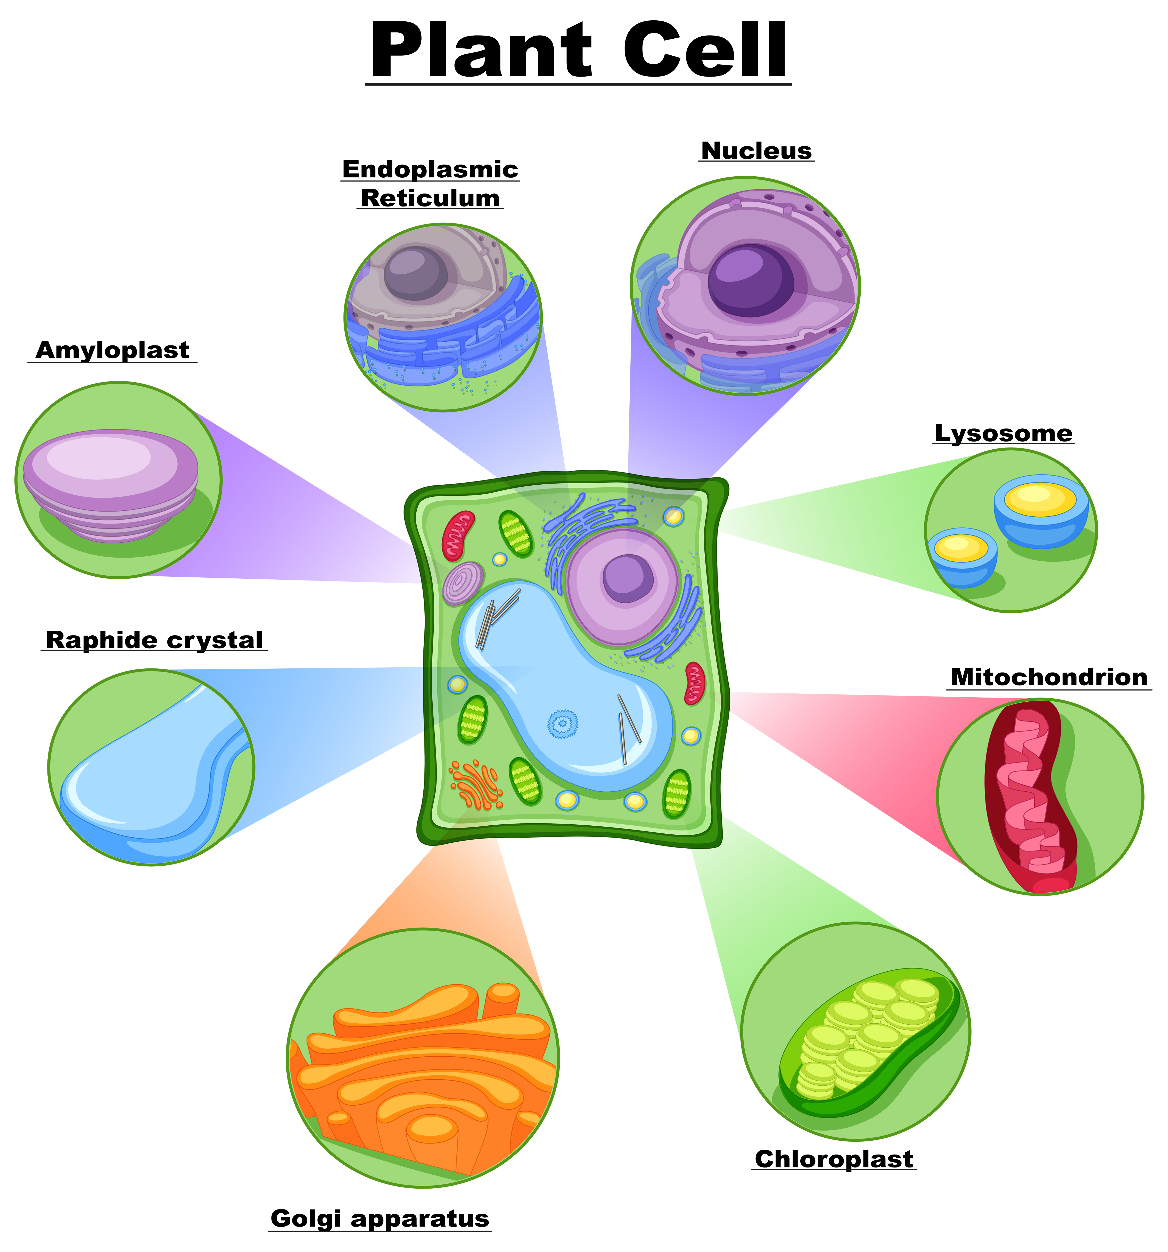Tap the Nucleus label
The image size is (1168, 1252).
(x=756, y=151)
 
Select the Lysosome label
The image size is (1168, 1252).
(x=1003, y=433)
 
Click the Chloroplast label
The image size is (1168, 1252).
(x=834, y=1159)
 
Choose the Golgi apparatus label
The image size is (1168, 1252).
(x=380, y=1218)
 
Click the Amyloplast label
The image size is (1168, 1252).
(x=112, y=350)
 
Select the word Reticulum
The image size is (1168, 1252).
(x=430, y=198)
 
